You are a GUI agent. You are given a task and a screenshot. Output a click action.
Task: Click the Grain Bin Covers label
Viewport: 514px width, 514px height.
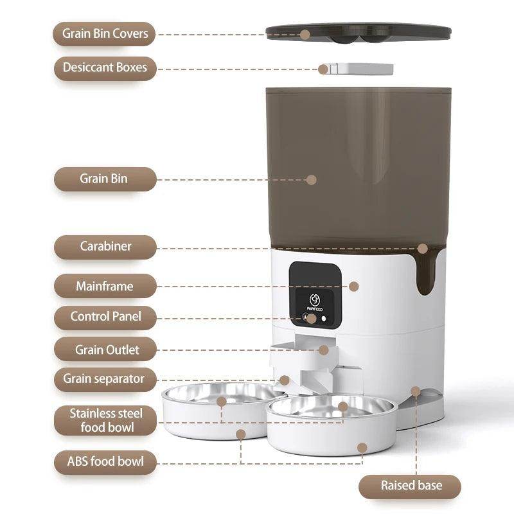click(105, 33)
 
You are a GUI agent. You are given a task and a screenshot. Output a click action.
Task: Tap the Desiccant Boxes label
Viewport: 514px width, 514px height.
click(105, 67)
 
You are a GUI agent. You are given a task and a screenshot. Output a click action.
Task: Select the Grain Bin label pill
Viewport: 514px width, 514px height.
click(105, 179)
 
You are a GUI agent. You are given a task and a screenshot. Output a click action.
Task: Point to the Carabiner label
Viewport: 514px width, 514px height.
click(105, 246)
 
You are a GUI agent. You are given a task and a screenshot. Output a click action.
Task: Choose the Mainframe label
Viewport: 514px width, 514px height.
click(105, 286)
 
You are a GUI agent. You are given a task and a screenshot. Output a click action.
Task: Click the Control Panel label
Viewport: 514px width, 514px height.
click(105, 316)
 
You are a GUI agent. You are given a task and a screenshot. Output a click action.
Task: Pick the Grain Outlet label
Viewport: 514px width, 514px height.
click(105, 350)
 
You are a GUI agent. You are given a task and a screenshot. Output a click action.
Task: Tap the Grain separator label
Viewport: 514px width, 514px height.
click(105, 378)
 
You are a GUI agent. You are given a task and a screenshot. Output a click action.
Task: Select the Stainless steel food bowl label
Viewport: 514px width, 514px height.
click(105, 420)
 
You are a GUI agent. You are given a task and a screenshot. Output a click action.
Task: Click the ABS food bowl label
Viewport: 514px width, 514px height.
click(105, 461)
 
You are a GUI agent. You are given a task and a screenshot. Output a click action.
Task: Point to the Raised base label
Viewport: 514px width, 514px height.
click(410, 486)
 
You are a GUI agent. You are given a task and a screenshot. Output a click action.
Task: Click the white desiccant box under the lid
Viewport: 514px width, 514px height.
click(357, 68)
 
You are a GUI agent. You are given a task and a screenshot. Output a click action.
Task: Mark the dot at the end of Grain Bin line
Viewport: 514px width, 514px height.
click(312, 179)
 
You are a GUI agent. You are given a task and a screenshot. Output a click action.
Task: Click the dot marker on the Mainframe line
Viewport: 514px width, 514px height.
click(353, 287)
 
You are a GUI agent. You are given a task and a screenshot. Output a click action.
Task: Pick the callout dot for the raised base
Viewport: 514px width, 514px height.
click(416, 391)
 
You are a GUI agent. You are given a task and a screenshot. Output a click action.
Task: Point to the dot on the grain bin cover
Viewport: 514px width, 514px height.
click(305, 34)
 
